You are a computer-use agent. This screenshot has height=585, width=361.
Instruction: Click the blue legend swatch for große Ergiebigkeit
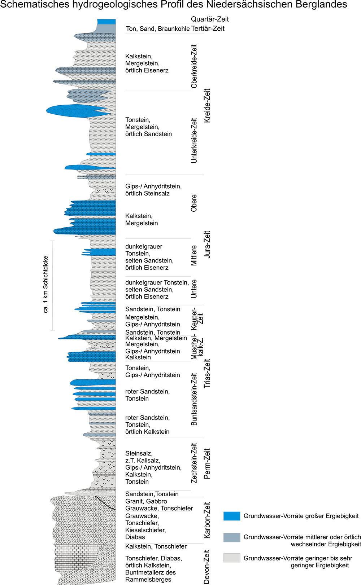tap(231, 516)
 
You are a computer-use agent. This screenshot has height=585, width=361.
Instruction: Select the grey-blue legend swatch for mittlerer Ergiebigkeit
tap(231, 537)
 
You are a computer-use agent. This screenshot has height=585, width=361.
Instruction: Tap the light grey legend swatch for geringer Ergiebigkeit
tap(231, 558)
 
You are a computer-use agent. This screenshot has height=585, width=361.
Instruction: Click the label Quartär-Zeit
tap(210, 19)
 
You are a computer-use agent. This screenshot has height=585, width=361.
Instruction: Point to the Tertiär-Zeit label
tap(208, 28)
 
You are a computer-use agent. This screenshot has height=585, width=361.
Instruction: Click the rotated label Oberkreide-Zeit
tap(194, 66)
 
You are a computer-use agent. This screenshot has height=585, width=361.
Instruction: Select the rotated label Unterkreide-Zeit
tap(194, 141)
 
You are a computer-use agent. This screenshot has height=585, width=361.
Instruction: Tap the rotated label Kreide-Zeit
tap(207, 106)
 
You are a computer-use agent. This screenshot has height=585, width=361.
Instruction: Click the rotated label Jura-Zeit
tap(207, 244)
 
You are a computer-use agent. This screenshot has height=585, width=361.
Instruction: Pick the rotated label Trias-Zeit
tap(207, 373)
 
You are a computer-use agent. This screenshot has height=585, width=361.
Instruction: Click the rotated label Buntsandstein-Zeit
tap(194, 399)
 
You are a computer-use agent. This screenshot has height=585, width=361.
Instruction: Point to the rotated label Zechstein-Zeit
tap(194, 463)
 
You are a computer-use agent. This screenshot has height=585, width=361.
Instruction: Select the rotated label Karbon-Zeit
tap(207, 520)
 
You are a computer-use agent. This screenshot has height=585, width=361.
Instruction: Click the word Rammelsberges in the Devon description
tap(148, 580)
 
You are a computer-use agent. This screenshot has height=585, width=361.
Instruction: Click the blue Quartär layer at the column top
tap(106, 22)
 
